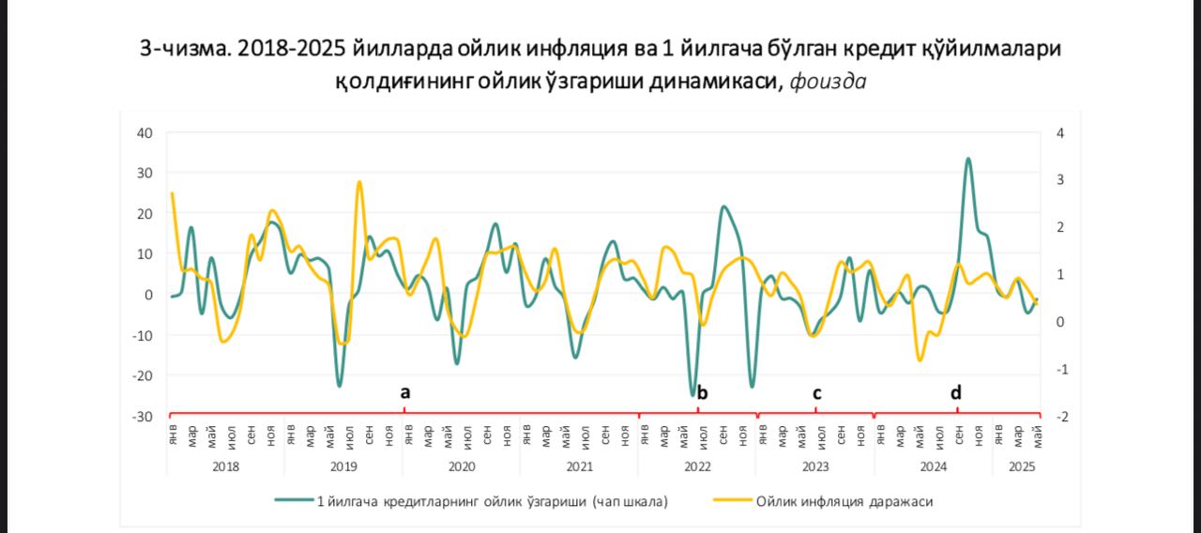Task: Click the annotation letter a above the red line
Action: coord(405,392)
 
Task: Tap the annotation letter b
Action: coord(702,393)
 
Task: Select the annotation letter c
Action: coord(816,393)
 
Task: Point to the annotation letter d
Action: coord(956,392)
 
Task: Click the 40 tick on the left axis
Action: coord(144,133)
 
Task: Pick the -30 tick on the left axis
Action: coord(143,417)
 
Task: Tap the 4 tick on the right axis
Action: coord(1060,133)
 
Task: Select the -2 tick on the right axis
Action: coord(1061,417)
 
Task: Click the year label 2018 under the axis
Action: coord(226,466)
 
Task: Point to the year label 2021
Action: coord(580,466)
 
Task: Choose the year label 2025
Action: coord(1022,466)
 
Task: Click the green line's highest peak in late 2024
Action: coord(967,159)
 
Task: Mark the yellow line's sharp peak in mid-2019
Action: coord(359,182)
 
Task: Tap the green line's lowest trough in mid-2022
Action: coord(692,395)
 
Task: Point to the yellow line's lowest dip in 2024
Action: coord(920,359)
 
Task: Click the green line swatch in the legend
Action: coord(294,500)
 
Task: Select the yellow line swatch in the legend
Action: coord(733,500)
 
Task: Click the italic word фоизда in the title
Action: coord(828,82)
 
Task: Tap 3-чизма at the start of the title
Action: coord(185,48)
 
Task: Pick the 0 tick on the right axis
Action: coord(1060,322)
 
